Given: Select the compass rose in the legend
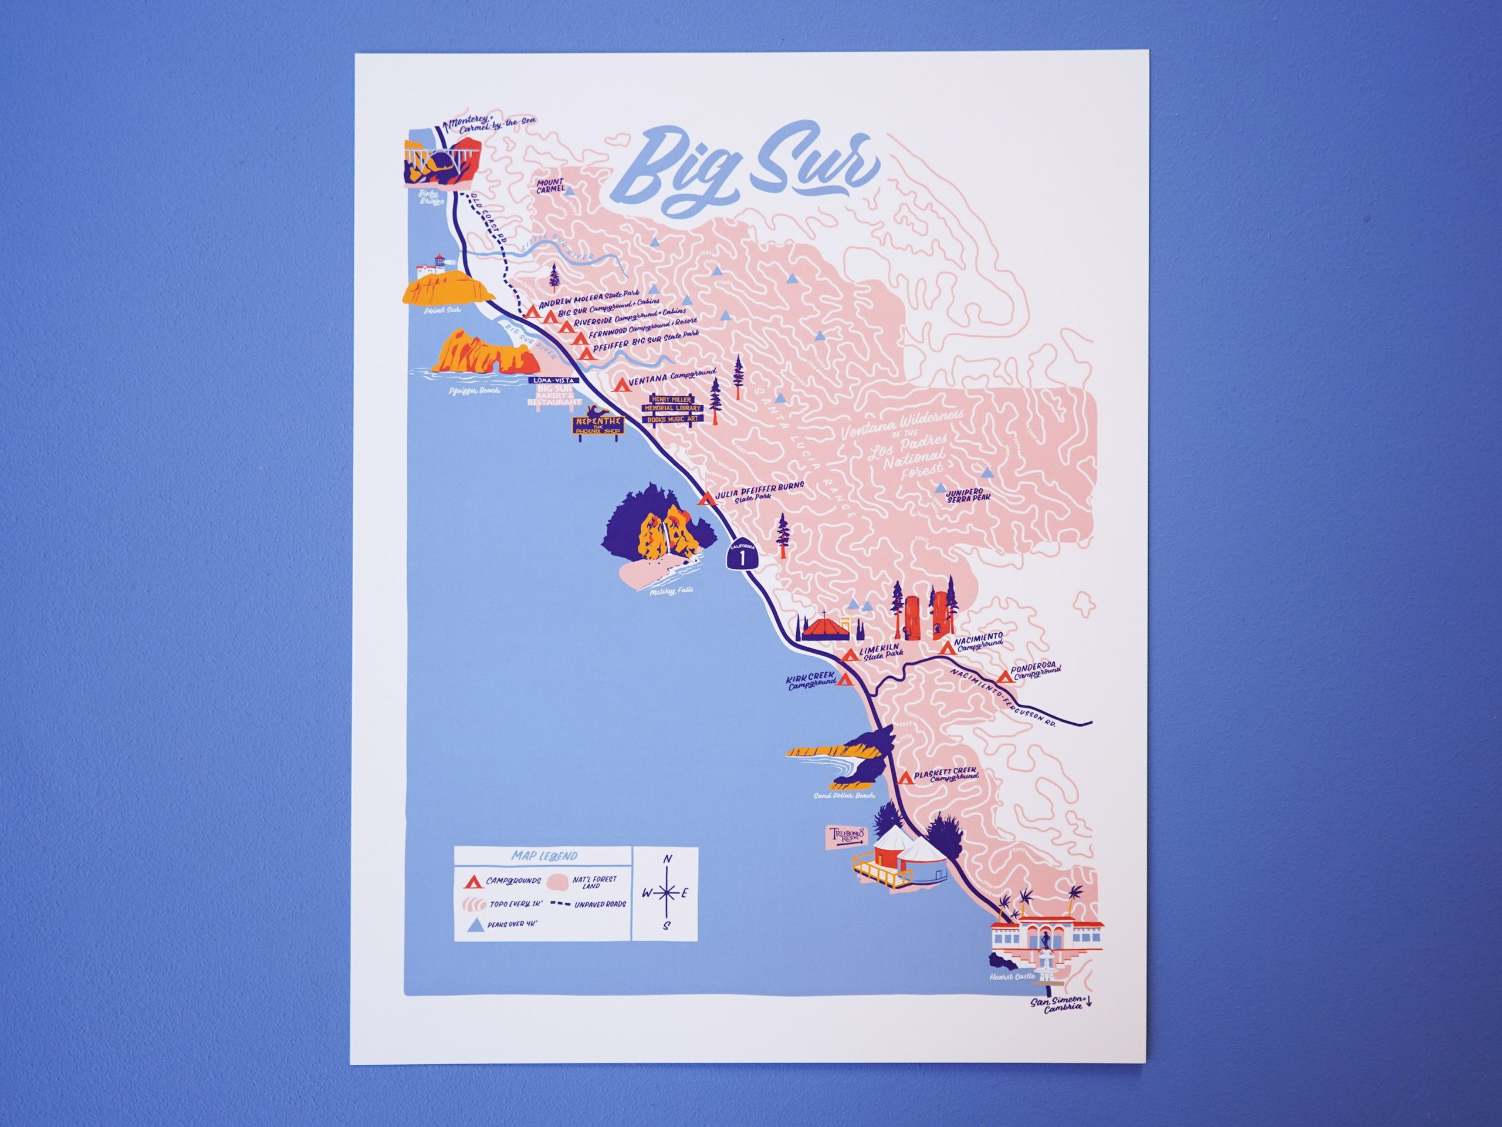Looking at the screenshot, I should pyautogui.click(x=668, y=893).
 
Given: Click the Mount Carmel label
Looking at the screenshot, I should pyautogui.click(x=550, y=185).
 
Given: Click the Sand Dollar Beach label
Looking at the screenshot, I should pyautogui.click(x=844, y=795).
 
